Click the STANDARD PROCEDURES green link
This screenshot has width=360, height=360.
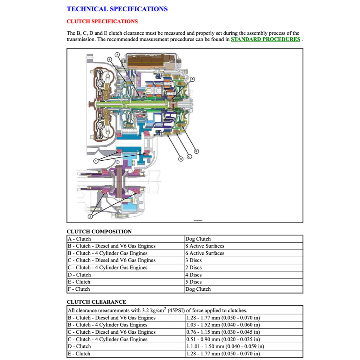[x=265, y=39]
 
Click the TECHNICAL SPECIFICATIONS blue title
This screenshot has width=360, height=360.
[x=117, y=9]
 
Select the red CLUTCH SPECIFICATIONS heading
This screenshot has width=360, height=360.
[x=102, y=21]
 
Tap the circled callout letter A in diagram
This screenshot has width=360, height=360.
[x=192, y=79]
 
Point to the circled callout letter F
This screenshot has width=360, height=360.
[x=117, y=54]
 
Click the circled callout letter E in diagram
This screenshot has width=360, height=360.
[x=110, y=60]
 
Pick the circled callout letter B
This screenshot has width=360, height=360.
[x=197, y=151]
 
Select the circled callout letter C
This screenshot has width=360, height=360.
[x=189, y=156]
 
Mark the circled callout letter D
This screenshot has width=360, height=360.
[x=181, y=159]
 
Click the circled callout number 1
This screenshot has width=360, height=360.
[x=96, y=161]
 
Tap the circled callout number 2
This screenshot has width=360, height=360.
[x=90, y=216]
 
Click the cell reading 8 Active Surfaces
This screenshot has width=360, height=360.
[x=205, y=246]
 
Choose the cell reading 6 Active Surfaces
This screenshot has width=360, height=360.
[x=205, y=253]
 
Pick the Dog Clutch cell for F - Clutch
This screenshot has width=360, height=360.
[x=198, y=289]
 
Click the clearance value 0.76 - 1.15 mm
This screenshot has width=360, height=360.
[x=223, y=332]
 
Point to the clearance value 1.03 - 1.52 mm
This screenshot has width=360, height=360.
[x=223, y=325]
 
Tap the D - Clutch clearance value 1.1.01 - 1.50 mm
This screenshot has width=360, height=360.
[x=225, y=346]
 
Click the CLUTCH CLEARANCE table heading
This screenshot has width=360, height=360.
[x=96, y=302]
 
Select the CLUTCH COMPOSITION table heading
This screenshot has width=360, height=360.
[x=99, y=232]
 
